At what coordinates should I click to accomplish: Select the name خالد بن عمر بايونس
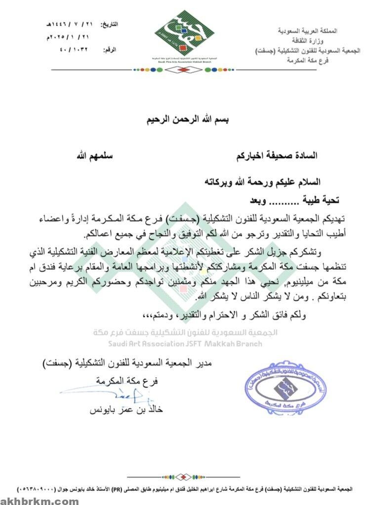point(125,410)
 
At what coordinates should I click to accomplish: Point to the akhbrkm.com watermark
point(40,500)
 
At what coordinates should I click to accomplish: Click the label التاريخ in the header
point(109,24)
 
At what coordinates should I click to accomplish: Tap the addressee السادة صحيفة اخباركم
point(276,156)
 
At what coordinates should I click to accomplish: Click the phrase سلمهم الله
point(94,156)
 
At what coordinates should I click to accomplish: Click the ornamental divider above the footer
point(184,476)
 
